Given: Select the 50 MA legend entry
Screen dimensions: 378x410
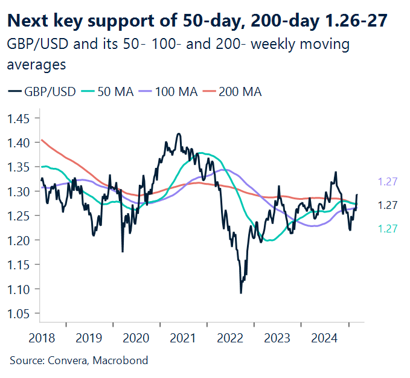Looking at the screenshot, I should click(x=112, y=92).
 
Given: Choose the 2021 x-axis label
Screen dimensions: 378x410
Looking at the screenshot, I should click(x=184, y=336).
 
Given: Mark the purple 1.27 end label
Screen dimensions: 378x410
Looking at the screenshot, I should click(x=387, y=181).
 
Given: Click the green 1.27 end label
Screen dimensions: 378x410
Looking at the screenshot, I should click(x=387, y=228).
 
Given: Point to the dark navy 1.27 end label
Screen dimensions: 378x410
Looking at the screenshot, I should click(x=387, y=205).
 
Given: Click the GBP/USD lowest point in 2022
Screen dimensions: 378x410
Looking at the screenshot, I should click(x=241, y=293).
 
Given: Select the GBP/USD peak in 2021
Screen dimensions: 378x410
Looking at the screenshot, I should click(x=179, y=134).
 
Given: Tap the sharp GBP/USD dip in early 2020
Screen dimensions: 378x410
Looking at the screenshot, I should click(x=123, y=251).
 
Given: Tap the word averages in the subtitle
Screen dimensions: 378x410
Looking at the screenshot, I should click(x=36, y=63).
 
